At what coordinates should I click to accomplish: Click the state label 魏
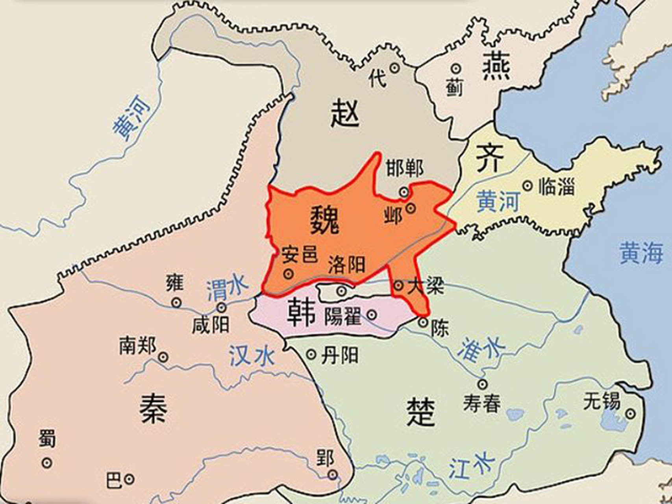(324, 220)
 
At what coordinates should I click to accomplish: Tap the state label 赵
(345, 113)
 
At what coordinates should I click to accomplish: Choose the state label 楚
(421, 412)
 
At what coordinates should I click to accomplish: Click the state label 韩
(302, 313)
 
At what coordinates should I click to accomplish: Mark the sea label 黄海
(641, 252)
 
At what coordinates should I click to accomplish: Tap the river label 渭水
(227, 287)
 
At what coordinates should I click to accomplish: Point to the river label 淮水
(480, 349)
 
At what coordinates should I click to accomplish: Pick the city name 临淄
(556, 186)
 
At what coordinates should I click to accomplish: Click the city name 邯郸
(404, 169)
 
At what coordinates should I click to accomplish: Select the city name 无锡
(602, 402)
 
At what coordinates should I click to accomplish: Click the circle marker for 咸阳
(222, 307)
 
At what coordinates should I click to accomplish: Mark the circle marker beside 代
(394, 68)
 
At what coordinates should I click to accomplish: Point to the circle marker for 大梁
(398, 285)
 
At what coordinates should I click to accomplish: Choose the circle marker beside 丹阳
(311, 355)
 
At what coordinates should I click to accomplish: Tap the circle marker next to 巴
(129, 479)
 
